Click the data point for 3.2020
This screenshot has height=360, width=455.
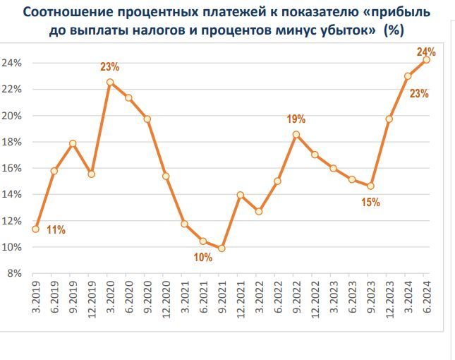coord(110,82)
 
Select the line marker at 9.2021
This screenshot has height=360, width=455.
coord(222,248)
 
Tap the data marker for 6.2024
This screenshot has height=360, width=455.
coord(426,59)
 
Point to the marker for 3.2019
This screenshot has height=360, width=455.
coord(35,229)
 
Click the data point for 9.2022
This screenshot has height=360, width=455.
coord(296,134)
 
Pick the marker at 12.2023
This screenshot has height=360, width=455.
coord(389,119)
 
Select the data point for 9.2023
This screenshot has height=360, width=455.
coord(370,186)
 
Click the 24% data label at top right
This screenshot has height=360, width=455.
coord(426,52)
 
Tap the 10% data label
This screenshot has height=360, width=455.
coord(202,258)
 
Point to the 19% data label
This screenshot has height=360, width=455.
coord(296,119)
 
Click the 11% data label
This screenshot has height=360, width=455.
coord(56,230)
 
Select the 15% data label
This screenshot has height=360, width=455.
coord(371,203)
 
